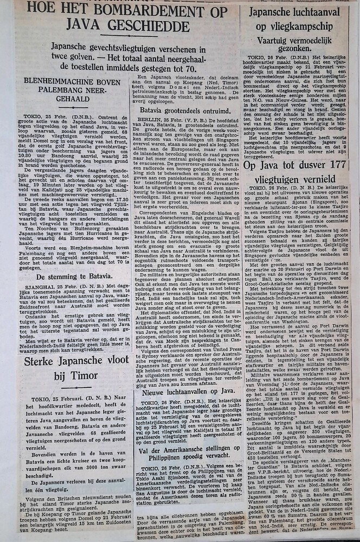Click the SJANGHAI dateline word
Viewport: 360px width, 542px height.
[35, 287]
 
